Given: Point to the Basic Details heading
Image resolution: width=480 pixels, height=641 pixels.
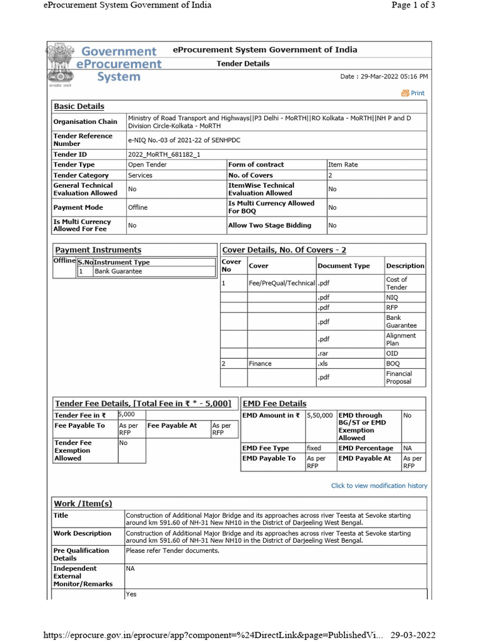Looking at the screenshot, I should (x=79, y=106).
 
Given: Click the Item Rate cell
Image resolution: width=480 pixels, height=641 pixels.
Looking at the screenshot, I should (x=343, y=165).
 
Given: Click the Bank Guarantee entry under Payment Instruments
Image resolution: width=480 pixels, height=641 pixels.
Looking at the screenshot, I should (x=118, y=271).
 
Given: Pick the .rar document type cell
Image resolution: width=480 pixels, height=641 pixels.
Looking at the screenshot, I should (x=323, y=353).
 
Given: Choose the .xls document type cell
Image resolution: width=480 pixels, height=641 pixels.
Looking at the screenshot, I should (x=322, y=363).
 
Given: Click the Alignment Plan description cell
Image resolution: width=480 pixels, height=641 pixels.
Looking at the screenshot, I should (x=401, y=339).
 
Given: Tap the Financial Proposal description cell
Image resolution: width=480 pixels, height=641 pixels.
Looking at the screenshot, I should (x=399, y=377).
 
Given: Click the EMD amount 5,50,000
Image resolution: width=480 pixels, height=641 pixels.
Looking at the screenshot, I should (x=319, y=415).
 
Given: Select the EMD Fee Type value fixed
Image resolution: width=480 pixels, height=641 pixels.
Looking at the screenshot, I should (x=314, y=448).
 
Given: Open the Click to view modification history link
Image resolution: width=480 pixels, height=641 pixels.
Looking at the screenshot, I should (x=379, y=485).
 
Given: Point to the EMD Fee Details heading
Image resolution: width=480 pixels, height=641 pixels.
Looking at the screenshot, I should (x=274, y=404).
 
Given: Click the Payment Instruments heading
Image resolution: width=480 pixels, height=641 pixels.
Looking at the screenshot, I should (x=98, y=250).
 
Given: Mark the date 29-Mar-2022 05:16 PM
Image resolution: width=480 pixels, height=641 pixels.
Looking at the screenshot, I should (x=384, y=76).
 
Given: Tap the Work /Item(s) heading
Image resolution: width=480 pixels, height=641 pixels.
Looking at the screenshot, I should (x=83, y=503).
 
